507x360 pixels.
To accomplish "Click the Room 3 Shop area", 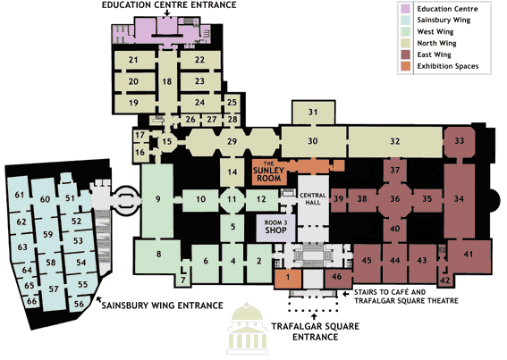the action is (275, 228).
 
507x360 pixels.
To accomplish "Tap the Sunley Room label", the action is (268, 172).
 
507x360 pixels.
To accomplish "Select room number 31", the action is (313, 113).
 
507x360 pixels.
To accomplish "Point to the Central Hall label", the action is (313, 198).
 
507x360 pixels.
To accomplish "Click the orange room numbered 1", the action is (288, 278).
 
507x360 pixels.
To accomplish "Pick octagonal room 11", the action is (232, 199).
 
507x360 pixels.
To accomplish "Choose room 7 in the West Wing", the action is (183, 280).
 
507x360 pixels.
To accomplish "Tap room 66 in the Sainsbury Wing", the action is (31, 302).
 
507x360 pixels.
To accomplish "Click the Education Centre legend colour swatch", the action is (405, 9).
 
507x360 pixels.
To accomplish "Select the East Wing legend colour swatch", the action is (405, 54).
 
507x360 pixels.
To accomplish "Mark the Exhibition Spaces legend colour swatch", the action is (405, 66).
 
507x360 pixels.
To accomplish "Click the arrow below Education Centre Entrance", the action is (167, 13).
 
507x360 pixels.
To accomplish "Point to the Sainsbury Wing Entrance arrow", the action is (100, 300).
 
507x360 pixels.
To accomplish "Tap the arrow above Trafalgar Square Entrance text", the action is (313, 317).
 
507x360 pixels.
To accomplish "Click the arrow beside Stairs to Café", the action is (346, 295).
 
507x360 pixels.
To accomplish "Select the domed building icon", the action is (248, 328).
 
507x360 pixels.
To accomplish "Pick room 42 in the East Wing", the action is (445, 280).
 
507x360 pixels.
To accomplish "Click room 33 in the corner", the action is (460, 141).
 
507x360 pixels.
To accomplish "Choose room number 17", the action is (140, 135).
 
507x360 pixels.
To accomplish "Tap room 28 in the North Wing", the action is (232, 120).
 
